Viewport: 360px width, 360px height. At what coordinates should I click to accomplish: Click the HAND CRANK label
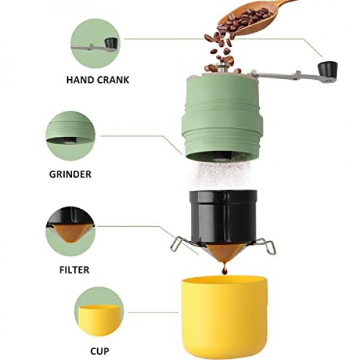pos(98,80)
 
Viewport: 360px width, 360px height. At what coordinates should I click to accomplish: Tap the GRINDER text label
pos(70,174)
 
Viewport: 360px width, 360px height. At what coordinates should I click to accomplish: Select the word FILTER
pos(74,270)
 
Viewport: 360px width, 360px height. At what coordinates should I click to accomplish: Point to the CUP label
pos(100,351)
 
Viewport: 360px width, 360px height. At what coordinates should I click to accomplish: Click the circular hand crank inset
pos(95,43)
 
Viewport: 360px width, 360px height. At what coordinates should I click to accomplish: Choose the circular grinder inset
pos(70,136)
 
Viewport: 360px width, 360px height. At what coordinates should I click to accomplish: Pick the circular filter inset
pos(70,232)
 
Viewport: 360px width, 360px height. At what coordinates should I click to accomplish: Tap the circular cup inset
pos(99,311)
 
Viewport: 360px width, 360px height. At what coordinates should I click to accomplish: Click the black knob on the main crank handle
pos(328,68)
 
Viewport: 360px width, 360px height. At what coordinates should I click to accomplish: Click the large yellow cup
pos(224,317)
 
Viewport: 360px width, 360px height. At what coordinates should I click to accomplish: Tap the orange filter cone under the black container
pos(224,253)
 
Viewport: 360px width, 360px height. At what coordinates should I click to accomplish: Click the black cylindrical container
pos(223,216)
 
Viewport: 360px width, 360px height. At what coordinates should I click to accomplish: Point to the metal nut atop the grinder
pos(224,67)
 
